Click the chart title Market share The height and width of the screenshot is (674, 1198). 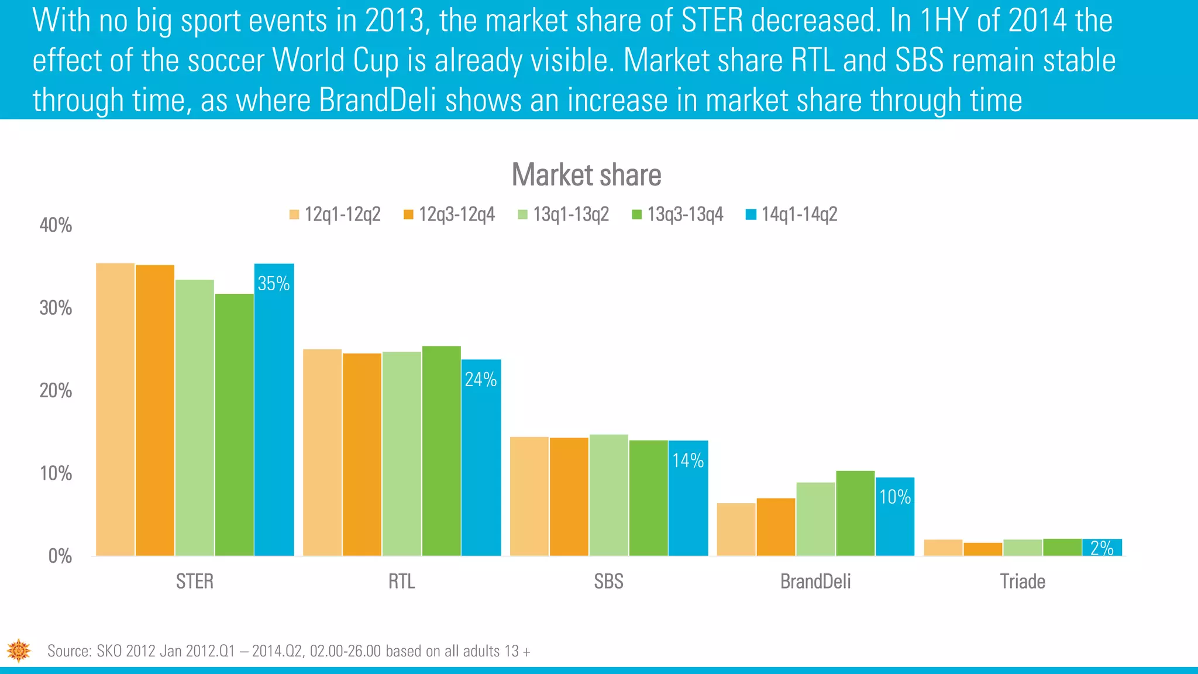coord(586,175)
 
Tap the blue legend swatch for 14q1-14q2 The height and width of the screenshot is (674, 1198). coord(751,215)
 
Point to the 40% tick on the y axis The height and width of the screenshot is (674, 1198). coord(56,225)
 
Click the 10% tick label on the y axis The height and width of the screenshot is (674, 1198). coord(56,473)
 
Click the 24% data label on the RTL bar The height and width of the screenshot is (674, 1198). coord(481,380)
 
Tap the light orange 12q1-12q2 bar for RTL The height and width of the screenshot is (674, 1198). coord(322,453)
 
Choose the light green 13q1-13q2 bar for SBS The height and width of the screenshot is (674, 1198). coord(608,496)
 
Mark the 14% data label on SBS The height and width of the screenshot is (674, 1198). coord(688,461)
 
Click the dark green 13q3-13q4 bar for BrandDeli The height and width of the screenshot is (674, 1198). coord(855,514)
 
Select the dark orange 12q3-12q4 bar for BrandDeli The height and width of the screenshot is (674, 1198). coord(776,527)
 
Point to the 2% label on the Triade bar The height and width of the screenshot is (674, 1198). coord(1102,548)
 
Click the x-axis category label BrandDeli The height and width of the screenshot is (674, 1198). coord(815,582)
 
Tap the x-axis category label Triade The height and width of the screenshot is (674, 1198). coord(1023,582)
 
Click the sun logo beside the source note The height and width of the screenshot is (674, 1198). coord(19,651)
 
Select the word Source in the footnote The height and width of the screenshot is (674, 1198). coord(69,651)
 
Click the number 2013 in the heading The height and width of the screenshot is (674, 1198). coord(394,20)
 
